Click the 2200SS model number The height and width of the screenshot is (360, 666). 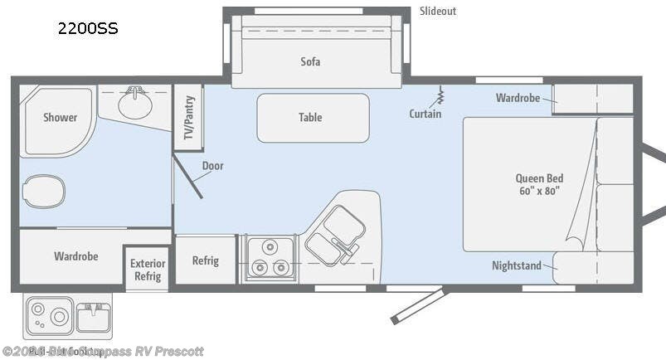pyautogui.click(x=87, y=28)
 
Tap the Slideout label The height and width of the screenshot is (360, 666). pyautogui.click(x=437, y=11)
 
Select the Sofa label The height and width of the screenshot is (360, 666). pyautogui.click(x=310, y=61)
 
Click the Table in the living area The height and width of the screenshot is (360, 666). pyautogui.click(x=312, y=117)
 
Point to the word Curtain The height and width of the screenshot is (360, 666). pyautogui.click(x=425, y=114)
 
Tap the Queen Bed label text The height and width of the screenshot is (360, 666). pyautogui.click(x=538, y=183)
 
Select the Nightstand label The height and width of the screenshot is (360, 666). pyautogui.click(x=516, y=265)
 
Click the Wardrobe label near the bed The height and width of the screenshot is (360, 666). pyautogui.click(x=518, y=98)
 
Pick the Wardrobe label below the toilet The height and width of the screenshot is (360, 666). pyautogui.click(x=75, y=256)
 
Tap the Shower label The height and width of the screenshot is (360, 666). pyautogui.click(x=60, y=118)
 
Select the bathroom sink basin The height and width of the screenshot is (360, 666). pyautogui.click(x=134, y=104)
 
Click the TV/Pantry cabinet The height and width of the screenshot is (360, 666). pyautogui.click(x=188, y=119)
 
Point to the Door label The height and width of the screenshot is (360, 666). pyautogui.click(x=212, y=166)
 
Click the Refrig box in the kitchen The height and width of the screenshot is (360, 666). pyautogui.click(x=205, y=260)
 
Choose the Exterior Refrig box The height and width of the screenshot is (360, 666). pyautogui.click(x=147, y=270)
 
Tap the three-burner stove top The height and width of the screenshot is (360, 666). pyautogui.click(x=269, y=259)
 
